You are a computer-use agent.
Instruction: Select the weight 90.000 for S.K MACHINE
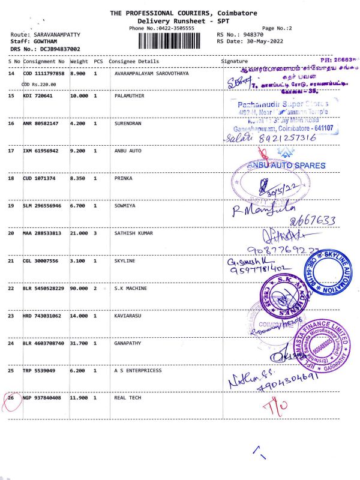tap(79, 289)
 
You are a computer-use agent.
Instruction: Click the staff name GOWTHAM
tap(42, 41)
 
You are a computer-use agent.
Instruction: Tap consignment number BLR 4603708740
tap(44, 344)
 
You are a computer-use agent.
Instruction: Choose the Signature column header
tap(234, 61)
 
